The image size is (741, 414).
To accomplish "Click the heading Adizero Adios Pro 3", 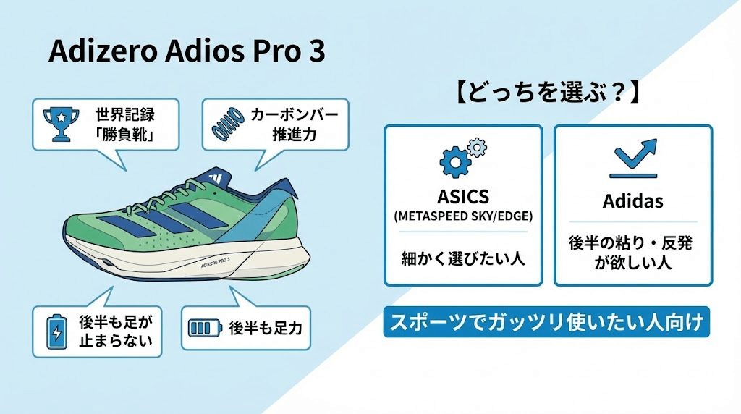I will (186, 52).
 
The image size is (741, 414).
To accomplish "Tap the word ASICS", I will (463, 197).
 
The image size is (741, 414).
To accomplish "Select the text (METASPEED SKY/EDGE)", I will (463, 216).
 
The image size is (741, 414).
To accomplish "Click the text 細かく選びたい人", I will (463, 258).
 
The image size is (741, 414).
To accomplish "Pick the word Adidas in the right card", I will (633, 201).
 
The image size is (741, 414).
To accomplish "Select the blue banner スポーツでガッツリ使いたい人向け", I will (546, 323).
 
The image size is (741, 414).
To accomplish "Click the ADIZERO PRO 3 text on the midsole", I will (212, 263).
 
